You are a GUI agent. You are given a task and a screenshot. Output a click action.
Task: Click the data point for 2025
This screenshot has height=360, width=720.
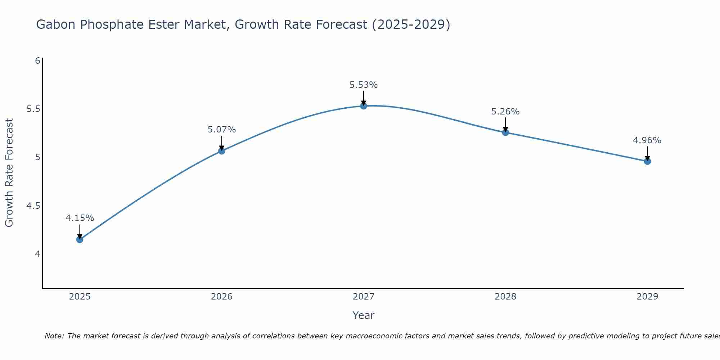click(x=80, y=239)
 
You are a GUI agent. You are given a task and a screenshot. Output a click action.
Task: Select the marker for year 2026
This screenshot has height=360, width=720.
click(x=221, y=151)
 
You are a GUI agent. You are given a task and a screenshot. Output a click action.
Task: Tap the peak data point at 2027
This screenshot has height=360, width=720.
click(x=363, y=106)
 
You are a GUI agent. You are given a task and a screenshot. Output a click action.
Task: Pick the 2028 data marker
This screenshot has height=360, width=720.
click(x=505, y=132)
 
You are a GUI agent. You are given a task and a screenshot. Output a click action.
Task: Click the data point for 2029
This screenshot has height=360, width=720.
click(x=647, y=161)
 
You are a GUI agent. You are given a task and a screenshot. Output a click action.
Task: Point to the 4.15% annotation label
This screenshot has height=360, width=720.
click(x=80, y=218)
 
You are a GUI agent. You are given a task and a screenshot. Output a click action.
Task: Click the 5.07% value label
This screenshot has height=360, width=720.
click(x=221, y=130)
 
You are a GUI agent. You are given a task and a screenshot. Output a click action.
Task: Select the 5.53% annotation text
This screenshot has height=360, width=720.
click(x=363, y=85)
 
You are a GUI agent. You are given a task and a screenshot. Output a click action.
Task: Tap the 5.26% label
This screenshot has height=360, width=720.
click(x=505, y=112)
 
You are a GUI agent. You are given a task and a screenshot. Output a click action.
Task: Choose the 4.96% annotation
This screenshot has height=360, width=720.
click(x=647, y=140)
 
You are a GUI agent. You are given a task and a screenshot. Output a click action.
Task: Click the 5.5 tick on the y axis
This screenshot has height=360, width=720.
click(x=33, y=109)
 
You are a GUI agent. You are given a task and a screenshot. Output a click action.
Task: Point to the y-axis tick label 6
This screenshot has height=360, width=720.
click(x=37, y=60)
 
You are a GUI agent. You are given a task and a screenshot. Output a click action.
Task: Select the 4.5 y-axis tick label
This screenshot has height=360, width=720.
click(x=33, y=206)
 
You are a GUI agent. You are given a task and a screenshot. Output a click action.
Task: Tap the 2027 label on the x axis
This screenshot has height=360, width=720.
click(x=363, y=297)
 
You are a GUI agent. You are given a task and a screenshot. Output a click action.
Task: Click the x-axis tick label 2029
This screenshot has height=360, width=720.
click(x=647, y=297)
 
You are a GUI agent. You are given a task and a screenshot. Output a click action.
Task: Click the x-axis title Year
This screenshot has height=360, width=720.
click(x=363, y=315)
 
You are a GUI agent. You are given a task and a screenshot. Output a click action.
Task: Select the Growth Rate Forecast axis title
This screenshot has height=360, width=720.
click(x=9, y=173)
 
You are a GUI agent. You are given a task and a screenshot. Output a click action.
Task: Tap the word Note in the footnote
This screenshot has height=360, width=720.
click(x=54, y=336)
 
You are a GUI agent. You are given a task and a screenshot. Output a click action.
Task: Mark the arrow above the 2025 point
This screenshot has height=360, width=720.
click(x=80, y=231)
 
